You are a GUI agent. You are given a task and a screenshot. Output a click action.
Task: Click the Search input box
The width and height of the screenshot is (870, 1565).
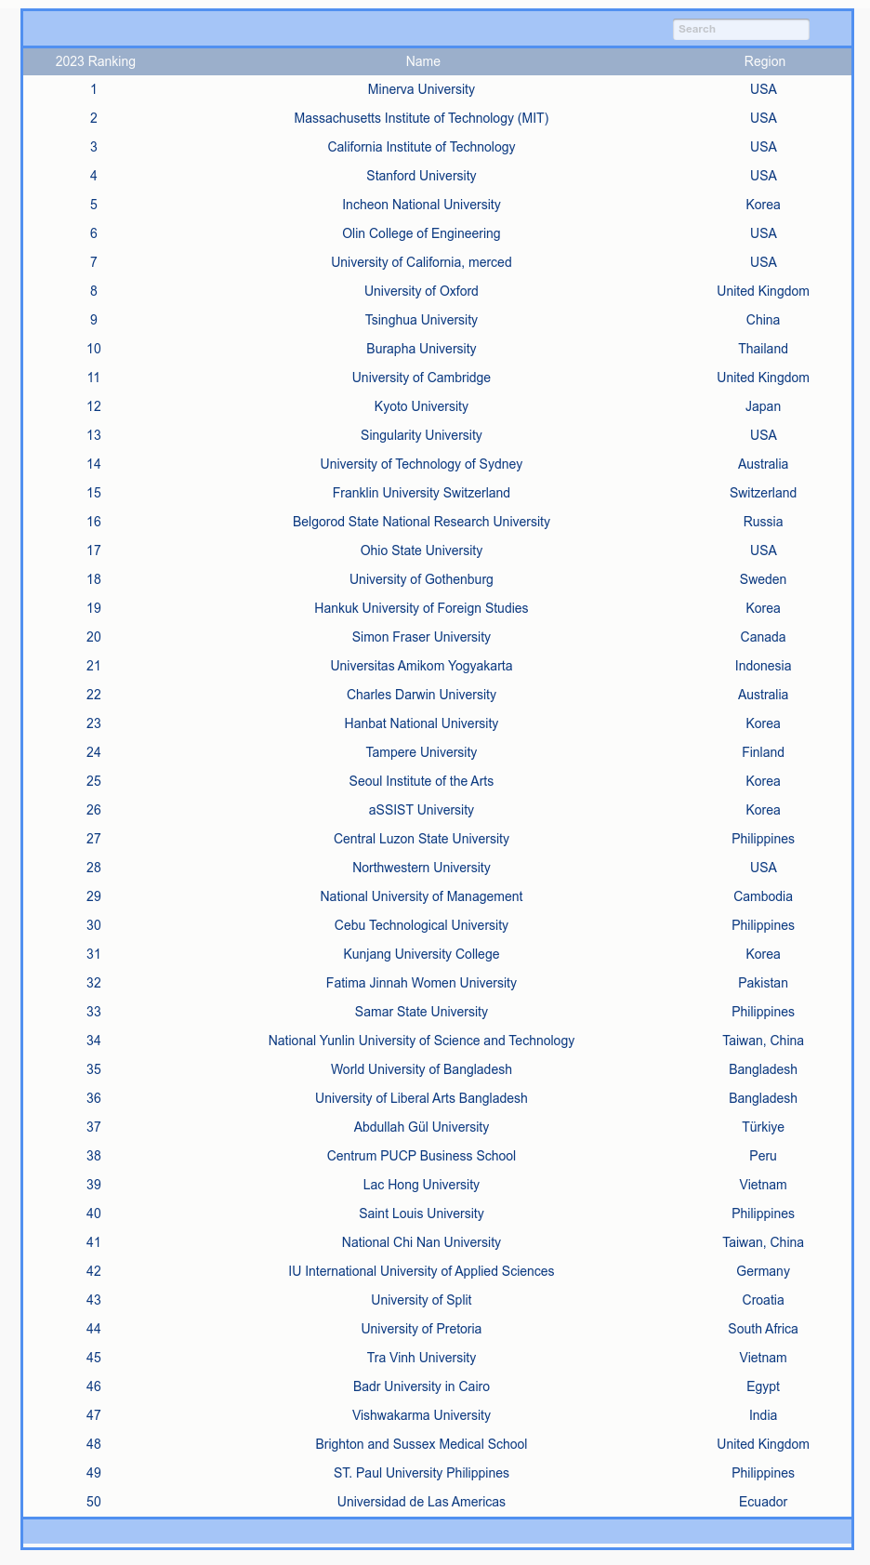pos(741,30)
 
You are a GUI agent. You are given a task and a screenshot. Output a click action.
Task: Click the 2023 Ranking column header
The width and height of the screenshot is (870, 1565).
pos(95,61)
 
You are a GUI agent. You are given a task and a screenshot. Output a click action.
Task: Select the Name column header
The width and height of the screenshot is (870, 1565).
pos(423,61)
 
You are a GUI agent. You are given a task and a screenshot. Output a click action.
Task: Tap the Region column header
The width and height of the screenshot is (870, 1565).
pos(764,61)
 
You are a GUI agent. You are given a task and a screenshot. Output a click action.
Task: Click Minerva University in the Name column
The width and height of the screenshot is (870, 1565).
pos(421,89)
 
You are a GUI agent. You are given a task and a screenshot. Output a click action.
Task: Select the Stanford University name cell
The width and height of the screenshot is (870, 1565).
pos(421,176)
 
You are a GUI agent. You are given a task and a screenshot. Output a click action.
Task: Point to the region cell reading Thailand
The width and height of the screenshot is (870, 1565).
pos(763,349)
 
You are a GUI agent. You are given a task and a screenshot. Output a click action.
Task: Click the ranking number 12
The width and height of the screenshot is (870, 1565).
pos(94,406)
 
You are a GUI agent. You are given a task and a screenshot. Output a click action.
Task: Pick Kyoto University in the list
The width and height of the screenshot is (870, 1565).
pos(421,406)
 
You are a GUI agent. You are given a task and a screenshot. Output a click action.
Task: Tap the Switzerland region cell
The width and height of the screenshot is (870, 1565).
pos(763,493)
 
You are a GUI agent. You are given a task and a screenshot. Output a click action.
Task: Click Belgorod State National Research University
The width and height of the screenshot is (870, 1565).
pos(421,522)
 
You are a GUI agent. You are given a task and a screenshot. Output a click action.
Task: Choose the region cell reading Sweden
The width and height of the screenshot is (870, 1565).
pos(763,579)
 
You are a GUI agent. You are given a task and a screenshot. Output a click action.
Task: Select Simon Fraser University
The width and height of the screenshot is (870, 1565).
pos(421,637)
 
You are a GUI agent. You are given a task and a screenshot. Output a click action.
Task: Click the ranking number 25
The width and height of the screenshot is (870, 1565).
pos(94,781)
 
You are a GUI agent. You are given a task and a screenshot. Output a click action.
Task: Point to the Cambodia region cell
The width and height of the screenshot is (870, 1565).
pos(763,896)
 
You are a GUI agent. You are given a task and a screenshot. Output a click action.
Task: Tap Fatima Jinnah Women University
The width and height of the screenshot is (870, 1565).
pos(421,983)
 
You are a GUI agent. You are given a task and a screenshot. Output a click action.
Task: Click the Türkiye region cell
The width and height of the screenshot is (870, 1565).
pos(763,1127)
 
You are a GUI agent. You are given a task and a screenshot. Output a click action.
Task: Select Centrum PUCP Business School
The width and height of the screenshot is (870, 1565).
pos(421,1156)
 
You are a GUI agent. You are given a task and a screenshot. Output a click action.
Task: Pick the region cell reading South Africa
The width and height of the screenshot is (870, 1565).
pos(763,1329)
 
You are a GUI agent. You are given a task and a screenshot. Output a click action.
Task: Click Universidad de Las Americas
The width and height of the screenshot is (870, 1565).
pos(421,1502)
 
